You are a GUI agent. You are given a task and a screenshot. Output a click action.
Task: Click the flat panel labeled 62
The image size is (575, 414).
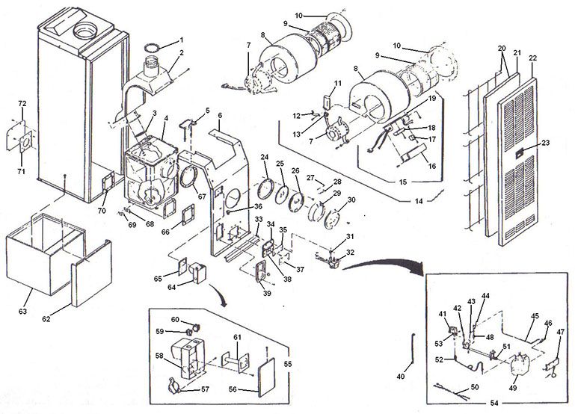(91, 280)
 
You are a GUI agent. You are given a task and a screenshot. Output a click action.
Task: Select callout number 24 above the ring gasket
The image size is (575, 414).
(264, 156)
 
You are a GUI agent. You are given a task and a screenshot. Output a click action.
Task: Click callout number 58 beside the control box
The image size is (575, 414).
(159, 356)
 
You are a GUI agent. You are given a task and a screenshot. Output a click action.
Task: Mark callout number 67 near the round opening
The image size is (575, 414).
(201, 197)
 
